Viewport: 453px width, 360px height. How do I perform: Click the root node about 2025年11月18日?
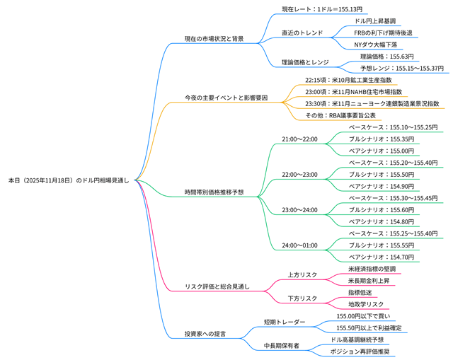click(68, 181)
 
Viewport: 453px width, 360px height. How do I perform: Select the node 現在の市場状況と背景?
click(214, 38)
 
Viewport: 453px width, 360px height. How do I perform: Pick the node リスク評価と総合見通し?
click(217, 286)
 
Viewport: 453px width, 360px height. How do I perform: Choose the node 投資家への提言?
click(205, 333)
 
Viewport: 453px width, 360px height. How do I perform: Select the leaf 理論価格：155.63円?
click(386, 57)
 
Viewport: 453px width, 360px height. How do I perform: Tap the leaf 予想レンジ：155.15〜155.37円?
click(401, 69)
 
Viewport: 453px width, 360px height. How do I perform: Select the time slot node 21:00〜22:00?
click(299, 139)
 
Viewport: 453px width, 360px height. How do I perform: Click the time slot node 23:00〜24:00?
click(299, 209)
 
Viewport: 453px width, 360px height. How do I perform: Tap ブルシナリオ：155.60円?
click(382, 209)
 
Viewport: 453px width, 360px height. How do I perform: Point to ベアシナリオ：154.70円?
click(382, 257)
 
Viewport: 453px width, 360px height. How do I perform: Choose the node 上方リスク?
click(302, 274)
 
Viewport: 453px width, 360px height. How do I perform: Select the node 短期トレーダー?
click(285, 322)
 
